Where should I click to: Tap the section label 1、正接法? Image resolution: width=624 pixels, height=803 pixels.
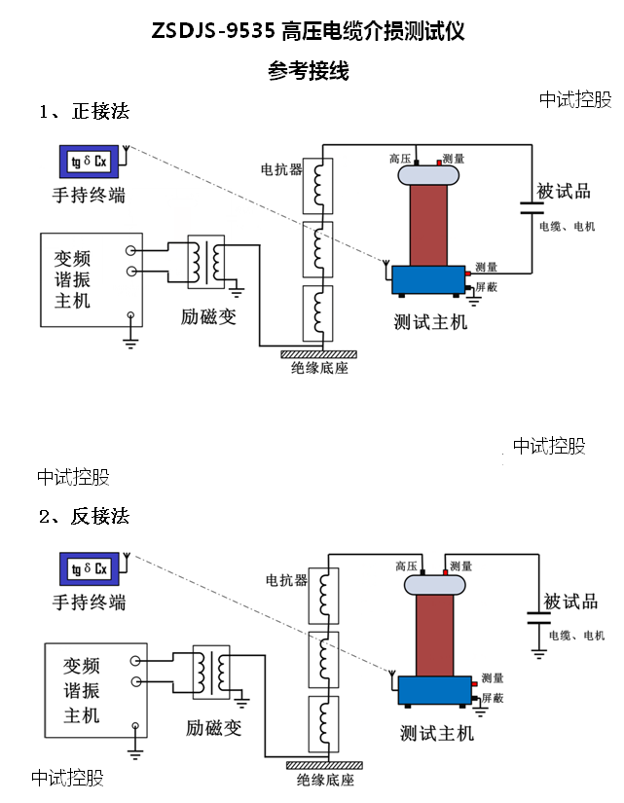coord(84,112)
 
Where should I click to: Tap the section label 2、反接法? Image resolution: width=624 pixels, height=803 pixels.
coord(84,516)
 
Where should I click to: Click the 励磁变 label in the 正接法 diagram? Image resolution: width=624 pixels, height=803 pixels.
coord(208,317)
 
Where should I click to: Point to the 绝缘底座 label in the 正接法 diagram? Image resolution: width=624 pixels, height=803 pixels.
coord(319,368)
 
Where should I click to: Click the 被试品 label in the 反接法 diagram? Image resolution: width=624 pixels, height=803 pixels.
coord(570,601)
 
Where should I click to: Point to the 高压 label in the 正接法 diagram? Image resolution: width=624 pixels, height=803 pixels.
coord(400,158)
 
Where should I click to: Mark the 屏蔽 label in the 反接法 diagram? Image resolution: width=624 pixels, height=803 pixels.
coord(492,699)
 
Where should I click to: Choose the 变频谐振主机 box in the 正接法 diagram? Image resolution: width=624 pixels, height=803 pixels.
coord(91,279)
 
